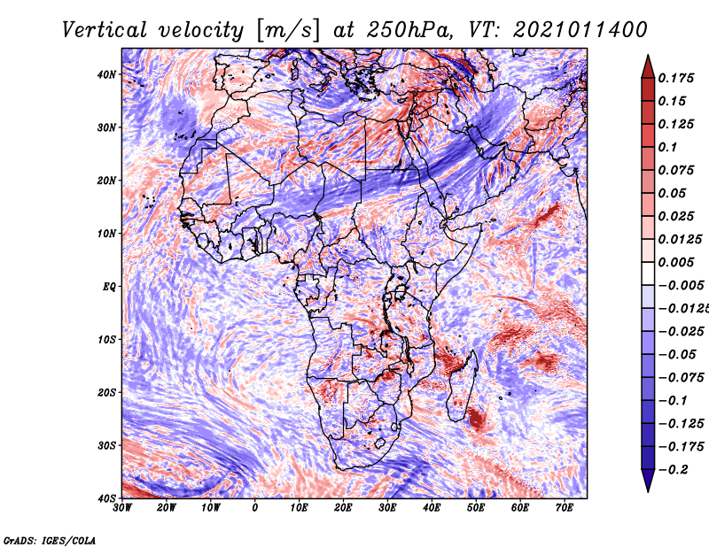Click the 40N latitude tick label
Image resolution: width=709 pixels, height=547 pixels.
click(x=106, y=74)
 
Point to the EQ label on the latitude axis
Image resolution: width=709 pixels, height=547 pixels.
click(x=109, y=287)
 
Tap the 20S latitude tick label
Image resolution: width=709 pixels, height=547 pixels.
click(x=106, y=392)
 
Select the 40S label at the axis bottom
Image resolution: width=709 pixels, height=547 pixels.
click(x=106, y=498)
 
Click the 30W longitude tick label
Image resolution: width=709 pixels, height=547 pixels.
click(x=122, y=508)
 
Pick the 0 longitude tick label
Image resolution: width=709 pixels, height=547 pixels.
click(x=255, y=508)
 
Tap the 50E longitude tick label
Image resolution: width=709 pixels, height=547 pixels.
click(x=476, y=508)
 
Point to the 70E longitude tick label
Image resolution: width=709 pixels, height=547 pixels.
click(x=565, y=508)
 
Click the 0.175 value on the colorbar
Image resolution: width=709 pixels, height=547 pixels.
click(x=676, y=79)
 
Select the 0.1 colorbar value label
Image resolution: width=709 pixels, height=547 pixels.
click(x=667, y=147)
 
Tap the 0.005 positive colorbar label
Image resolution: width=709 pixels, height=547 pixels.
click(x=676, y=262)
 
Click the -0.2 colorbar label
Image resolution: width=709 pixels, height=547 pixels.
click(x=674, y=470)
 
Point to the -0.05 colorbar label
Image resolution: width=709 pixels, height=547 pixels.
click(x=677, y=355)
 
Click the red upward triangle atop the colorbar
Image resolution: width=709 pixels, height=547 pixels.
click(x=648, y=68)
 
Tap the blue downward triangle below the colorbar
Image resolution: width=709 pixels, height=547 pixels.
click(x=648, y=480)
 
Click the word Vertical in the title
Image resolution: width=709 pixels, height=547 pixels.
click(x=105, y=30)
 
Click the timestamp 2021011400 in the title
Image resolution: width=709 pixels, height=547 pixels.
click(x=580, y=30)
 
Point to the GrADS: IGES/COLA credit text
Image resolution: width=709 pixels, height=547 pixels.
click(x=50, y=541)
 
